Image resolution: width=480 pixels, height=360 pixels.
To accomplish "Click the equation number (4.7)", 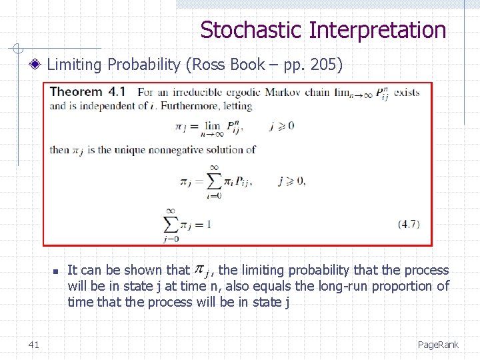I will [409, 224].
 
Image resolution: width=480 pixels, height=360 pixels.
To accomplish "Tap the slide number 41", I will [34, 344].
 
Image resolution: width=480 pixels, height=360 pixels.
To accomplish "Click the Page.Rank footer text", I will [438, 344].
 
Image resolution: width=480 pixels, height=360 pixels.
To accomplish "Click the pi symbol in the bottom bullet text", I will [199, 269].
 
